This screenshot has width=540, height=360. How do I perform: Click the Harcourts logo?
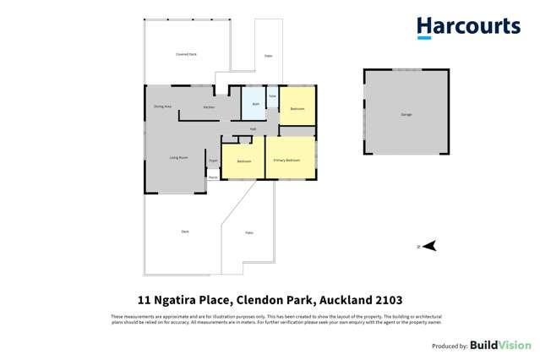point(468,27)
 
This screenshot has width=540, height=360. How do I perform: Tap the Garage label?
point(406,114)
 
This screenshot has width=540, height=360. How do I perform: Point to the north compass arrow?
point(428,246)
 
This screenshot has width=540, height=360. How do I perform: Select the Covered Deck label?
point(186,54)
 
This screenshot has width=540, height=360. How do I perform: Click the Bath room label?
point(255,104)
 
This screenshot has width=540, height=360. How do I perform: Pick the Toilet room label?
point(272,96)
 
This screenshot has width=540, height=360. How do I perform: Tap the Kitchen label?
point(209,107)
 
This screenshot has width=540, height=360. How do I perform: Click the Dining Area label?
point(162,106)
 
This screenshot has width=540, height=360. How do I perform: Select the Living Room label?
point(177,157)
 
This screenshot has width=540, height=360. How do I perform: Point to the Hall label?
point(253,128)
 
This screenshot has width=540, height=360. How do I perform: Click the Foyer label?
point(214,160)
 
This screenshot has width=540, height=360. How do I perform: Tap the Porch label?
point(213,177)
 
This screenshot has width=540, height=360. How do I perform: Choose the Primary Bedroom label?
point(286,160)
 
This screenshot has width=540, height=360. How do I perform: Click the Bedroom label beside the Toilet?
point(297,109)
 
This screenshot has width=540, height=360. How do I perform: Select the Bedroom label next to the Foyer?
point(243,161)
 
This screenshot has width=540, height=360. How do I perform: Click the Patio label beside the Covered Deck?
point(268,56)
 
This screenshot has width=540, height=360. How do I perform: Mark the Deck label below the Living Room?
point(185,232)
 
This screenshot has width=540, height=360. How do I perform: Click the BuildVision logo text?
point(500,345)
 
